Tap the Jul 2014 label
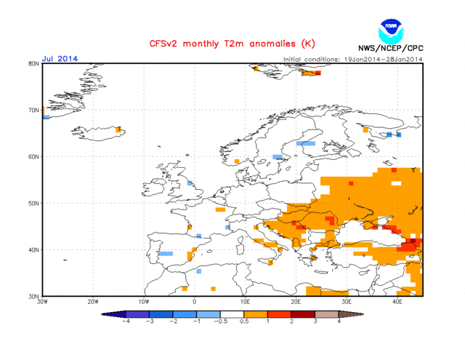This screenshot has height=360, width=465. coord(59,58)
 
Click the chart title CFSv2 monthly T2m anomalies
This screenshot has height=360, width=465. coord(225,44)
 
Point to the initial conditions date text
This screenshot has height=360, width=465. coord(352,59)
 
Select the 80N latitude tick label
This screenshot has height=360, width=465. coord(33,64)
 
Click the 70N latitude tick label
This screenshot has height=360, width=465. coord(33,111)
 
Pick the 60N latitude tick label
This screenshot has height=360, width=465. coord(33,156)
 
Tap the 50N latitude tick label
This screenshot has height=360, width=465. coord(33,203)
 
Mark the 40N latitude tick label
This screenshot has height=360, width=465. coord(33,249)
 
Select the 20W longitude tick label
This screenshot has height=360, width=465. coord(92,303)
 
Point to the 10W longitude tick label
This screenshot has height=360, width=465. coord(143,303)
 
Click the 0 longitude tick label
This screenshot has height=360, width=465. coord(194,303)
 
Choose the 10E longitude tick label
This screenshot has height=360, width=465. coord(246,303)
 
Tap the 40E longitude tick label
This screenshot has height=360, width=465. coord(397,303)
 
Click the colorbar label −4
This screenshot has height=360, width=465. coord(126,321)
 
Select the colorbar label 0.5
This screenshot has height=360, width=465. coord(244,321)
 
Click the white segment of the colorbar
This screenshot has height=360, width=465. coord(232,313)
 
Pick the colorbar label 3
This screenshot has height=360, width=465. coord(315,321)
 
